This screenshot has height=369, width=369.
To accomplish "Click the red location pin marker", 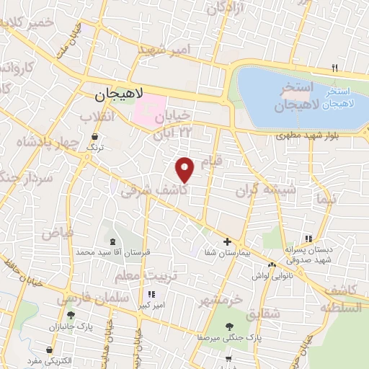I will coord(185,170).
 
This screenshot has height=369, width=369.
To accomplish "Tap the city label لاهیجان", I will coord(120,94).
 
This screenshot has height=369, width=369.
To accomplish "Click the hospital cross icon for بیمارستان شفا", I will coord(227,241).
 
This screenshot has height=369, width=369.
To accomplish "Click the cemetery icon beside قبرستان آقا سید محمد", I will coord(112,241).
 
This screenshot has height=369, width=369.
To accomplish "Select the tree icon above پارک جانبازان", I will coord(70,314).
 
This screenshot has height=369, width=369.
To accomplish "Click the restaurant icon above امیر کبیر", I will coord(151,294).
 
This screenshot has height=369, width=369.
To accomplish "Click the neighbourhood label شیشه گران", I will coord(267,191).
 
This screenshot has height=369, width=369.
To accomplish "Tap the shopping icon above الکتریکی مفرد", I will coord(48,351).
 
